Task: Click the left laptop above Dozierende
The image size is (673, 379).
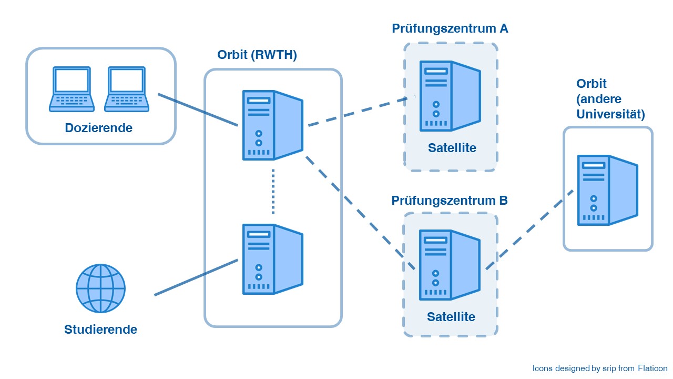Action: point(72,89)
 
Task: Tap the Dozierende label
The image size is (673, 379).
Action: point(99,127)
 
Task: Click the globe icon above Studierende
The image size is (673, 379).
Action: point(101,288)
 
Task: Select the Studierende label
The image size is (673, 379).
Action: point(100,330)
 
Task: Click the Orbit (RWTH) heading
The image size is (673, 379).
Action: point(257,55)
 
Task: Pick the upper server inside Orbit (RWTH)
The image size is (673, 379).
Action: point(272,125)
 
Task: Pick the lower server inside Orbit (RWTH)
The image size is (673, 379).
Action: point(272,259)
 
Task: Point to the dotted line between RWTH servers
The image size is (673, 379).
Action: point(273,192)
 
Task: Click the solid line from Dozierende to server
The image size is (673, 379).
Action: point(198,110)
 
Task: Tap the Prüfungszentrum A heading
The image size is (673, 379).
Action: point(450,28)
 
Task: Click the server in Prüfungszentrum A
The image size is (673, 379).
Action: point(450,96)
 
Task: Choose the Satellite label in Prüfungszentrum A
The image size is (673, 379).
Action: point(452,148)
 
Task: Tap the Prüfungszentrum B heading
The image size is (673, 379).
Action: point(450,201)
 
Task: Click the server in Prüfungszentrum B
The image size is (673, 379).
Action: point(450,265)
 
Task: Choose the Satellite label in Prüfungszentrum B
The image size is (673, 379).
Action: point(451,317)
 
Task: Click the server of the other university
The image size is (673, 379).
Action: point(607,190)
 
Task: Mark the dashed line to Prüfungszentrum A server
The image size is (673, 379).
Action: point(358,112)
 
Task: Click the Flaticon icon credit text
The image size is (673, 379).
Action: point(600,368)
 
